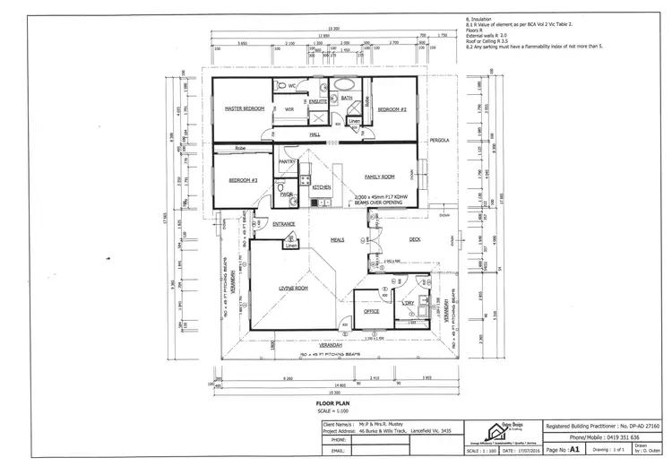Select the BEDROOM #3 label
[243, 179]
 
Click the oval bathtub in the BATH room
[344, 87]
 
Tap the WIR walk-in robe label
[289, 109]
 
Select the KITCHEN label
[322, 187]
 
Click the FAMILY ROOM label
[379, 177]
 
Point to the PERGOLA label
[437, 141]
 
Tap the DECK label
[414, 238]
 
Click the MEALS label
[338, 239]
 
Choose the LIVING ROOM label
[294, 288]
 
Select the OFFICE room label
[371, 311]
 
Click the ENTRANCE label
[284, 223]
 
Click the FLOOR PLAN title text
[332, 404]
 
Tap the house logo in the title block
[489, 431]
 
